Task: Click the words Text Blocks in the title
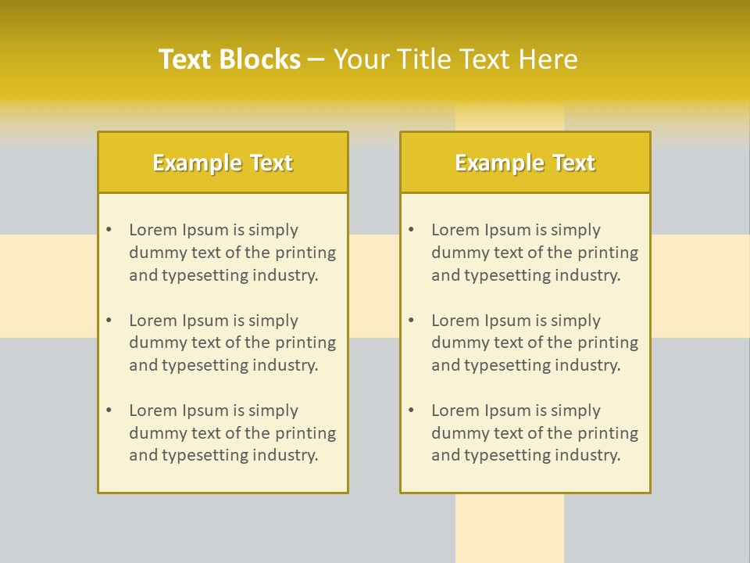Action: pos(229,59)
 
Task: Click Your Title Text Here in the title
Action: pos(455,59)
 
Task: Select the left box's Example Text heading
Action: pos(223,163)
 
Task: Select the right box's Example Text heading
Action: pos(525,163)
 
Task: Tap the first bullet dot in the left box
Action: pos(109,230)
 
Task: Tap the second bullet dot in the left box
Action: pos(109,321)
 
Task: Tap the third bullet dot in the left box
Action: pos(109,411)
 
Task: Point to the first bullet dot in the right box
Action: pos(411,230)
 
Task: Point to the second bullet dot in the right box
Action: pos(411,321)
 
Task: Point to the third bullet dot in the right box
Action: pos(411,411)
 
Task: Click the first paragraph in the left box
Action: pos(232,253)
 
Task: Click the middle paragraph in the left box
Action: pos(232,342)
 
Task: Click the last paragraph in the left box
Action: pos(232,433)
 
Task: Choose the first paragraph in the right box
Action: pos(534,253)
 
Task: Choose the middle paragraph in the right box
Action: pos(534,342)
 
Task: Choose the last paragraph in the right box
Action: pos(534,433)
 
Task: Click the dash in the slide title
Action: pos(316,60)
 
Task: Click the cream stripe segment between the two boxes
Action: pos(373,285)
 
